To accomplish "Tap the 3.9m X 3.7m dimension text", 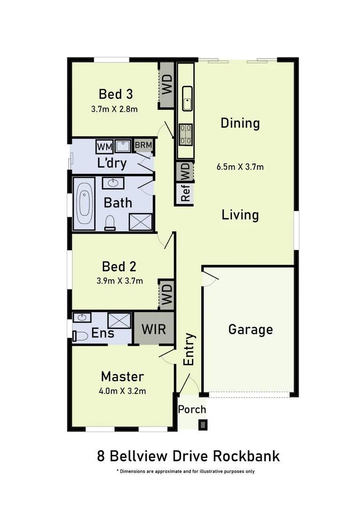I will (119, 281).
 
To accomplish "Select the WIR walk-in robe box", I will (154, 328).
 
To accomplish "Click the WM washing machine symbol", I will (105, 147).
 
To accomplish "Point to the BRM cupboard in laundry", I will (143, 146).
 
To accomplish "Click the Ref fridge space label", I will (185, 193).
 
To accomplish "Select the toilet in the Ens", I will (81, 336).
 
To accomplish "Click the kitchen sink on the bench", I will (187, 98).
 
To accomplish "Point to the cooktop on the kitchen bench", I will (185, 133).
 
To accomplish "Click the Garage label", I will (250, 329).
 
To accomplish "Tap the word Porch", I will (192, 409).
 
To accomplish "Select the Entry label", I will (189, 349).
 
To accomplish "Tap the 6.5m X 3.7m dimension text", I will (240, 167).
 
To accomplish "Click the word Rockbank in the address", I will (246, 456).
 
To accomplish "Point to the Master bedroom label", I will (122, 377).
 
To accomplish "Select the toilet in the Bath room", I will (110, 222).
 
